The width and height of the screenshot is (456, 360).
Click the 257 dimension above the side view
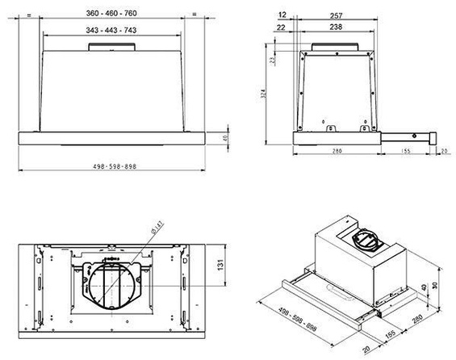pos(337,15)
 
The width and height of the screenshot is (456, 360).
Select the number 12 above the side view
pos(281,15)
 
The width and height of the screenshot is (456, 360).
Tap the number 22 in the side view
pos(281,27)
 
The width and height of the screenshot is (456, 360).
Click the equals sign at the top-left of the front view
pos(27,14)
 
